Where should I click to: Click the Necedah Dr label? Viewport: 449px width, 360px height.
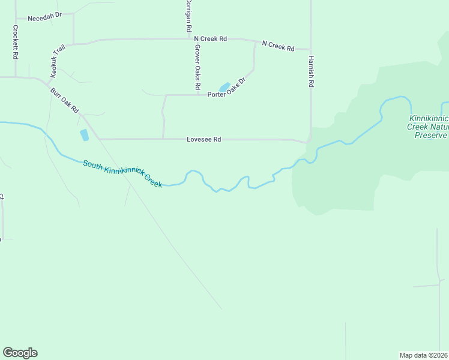tap(45, 18)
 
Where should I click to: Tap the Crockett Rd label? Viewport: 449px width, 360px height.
tap(16, 42)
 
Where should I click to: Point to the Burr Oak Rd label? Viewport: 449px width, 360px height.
tap(64, 101)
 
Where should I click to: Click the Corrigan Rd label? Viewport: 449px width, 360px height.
tap(188, 17)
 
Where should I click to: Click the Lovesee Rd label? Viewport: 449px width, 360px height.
tap(204, 139)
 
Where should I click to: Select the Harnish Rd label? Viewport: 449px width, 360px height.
tap(311, 72)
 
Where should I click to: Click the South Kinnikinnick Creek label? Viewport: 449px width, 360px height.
tap(122, 174)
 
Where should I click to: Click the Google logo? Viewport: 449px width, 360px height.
tap(20, 353)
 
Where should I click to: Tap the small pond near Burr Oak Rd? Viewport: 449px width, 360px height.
tap(85, 134)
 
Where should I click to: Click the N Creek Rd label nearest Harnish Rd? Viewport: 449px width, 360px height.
tap(278, 46)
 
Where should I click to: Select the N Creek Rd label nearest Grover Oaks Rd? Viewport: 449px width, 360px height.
tap(210, 39)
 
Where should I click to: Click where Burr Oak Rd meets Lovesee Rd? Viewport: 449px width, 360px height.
tap(98, 139)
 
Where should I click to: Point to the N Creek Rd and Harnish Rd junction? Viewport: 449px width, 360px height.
tap(310, 49)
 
